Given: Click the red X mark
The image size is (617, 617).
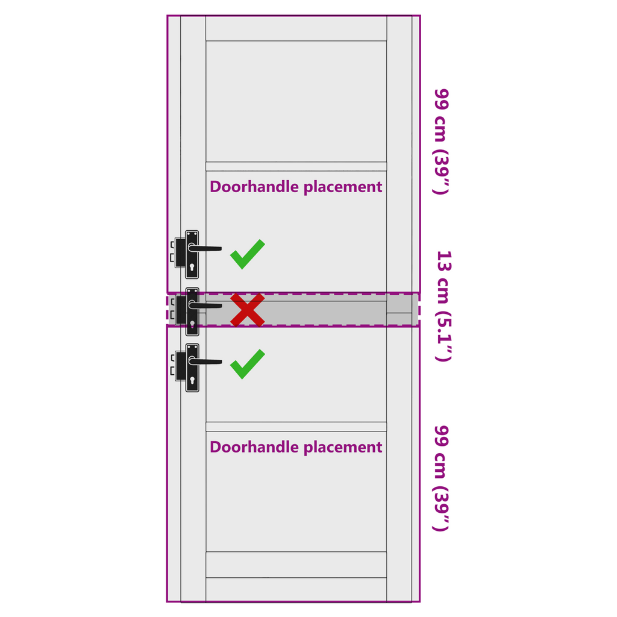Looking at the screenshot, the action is point(248,310).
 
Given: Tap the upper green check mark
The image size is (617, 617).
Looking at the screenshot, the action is point(248,254).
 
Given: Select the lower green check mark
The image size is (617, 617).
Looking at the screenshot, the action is point(248,364).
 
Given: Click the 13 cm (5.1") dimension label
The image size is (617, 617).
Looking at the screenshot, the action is point(444,305).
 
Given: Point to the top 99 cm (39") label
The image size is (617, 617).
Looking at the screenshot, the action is point(442,142).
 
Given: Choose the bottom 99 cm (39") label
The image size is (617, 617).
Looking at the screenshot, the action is point(442,478).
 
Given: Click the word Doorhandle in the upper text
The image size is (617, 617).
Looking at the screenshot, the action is point(255,187).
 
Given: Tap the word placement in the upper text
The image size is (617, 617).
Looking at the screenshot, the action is point(343,187).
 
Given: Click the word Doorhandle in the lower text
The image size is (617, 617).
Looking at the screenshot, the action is point(255,447).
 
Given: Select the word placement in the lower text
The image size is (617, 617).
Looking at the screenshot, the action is point(343,448).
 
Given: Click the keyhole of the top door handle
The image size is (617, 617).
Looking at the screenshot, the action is point(192,268).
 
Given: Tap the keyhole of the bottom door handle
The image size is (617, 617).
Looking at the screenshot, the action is point(192,381).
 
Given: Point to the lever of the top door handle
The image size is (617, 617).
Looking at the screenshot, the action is point(205,248).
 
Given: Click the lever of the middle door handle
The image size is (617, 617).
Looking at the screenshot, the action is point(205,305).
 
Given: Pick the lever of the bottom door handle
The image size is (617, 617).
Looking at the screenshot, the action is point(205,362).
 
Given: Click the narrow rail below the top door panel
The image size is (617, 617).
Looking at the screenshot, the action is point(296,166).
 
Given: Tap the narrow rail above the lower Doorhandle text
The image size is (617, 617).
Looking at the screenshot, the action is point(296,427).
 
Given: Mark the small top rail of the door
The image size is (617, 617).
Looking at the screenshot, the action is point(296,28).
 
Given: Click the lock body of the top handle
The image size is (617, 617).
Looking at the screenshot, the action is point(180,252).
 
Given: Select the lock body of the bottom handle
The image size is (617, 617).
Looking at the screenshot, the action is point(180,366).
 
